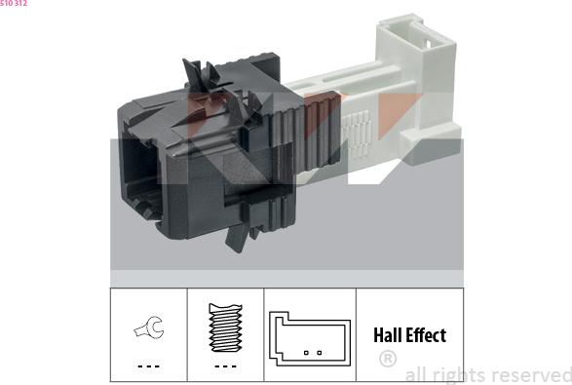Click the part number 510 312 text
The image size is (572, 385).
pos(14,3)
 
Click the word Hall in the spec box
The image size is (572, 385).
pos(388,335)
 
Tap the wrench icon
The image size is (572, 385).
pos(149,327)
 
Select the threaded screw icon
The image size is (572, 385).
pos(225,327)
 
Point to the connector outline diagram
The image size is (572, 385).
pos(310,338)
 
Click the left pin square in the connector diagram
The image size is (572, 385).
pos(306,353)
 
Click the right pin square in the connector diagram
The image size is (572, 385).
pos(320,353)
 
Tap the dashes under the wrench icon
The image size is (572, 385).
pos(149,366)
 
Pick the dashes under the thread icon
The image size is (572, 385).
pos(225,366)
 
